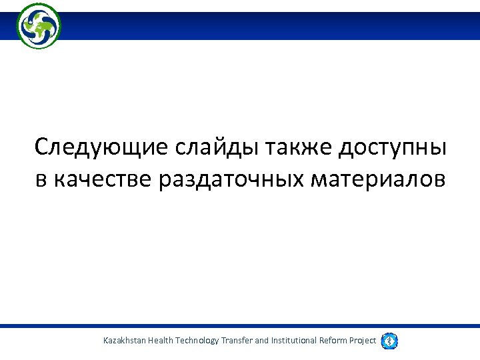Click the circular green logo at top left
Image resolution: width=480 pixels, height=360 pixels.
tap(39, 25)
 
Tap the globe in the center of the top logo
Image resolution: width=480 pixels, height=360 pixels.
tap(39, 26)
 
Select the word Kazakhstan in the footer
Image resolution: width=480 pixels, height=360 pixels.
tap(125, 341)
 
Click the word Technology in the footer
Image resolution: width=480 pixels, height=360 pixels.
tap(197, 341)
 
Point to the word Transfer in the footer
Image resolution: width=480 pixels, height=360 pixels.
tap(237, 341)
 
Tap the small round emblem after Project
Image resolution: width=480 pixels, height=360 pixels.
tap(390, 341)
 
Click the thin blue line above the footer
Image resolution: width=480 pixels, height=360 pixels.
tap(240, 326)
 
